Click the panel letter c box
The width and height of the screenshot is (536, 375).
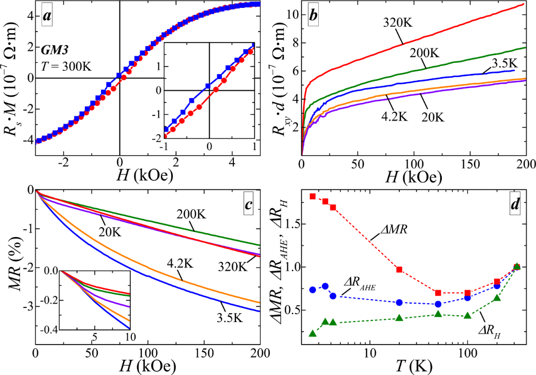[x=250, y=203]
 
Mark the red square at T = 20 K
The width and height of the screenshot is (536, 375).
[x=399, y=270]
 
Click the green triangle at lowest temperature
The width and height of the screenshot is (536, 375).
[x=313, y=334]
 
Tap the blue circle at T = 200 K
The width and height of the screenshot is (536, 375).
[x=497, y=286]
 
